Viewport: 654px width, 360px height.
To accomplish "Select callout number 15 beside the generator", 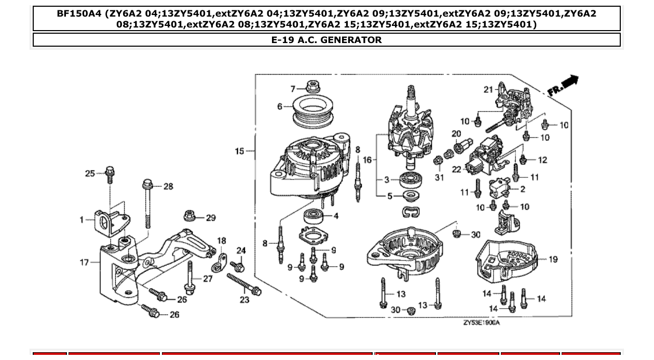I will [239, 151].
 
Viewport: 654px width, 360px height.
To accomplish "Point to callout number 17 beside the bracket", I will [84, 262].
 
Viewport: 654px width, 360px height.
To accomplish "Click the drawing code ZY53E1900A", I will [481, 323].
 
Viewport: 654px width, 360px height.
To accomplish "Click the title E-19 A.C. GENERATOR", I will [326, 40].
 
